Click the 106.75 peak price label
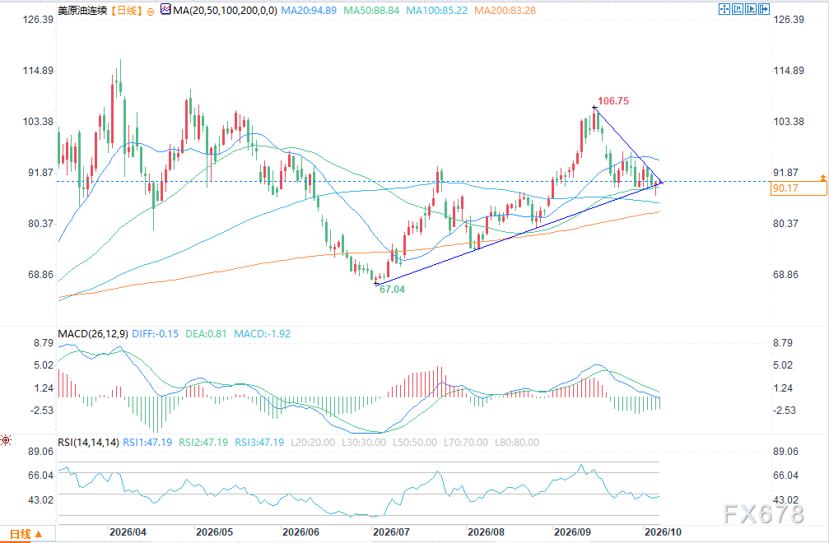pos(613,101)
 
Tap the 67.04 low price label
pos(392,290)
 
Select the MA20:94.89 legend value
pos(309,10)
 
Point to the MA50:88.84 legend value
pos(371,10)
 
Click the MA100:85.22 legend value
pos(436,10)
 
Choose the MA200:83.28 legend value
pos(505,10)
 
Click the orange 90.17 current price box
pos(799,188)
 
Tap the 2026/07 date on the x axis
pos(391,532)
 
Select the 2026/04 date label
pos(128,532)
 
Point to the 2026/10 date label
pos(663,532)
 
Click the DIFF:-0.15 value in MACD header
pos(155,334)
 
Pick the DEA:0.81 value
pos(206,334)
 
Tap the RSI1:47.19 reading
pos(147,443)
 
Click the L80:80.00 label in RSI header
pos(517,443)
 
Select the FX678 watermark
pos(763,513)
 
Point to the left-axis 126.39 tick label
pos(38,20)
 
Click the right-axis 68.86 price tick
pos(785,275)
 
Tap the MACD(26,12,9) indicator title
pos(92,334)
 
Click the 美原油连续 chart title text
pos(82,10)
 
